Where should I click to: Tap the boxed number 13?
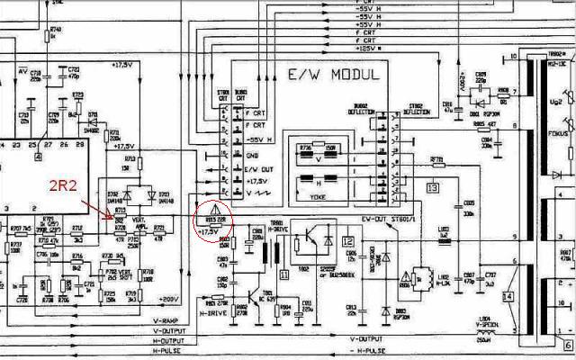pos(432,188)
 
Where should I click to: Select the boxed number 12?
pos(348,241)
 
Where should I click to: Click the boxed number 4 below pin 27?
pos(39,157)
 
